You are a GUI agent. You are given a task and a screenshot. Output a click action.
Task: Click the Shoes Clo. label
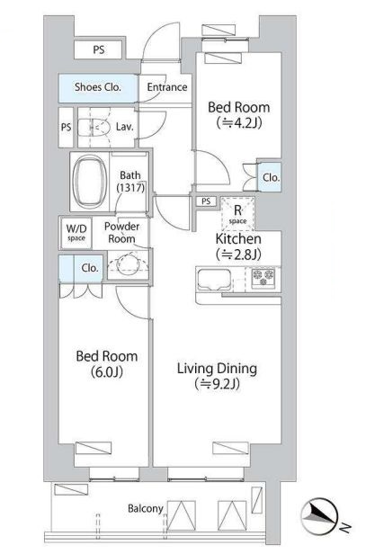(x=97, y=87)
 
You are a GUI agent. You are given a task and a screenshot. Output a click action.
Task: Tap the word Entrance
(x=167, y=87)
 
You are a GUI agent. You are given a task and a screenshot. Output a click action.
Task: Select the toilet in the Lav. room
(x=93, y=127)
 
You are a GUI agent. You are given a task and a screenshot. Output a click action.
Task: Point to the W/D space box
(x=76, y=232)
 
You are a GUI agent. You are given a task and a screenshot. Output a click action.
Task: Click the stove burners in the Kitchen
(x=263, y=277)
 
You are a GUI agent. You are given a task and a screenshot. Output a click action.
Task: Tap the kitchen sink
(x=214, y=279)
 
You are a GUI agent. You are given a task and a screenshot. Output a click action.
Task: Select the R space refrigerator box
(x=237, y=213)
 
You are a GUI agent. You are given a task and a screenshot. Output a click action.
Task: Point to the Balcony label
(x=145, y=508)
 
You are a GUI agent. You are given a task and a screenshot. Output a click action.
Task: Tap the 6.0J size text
(x=107, y=371)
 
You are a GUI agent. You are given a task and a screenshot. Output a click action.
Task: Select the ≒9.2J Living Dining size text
(x=217, y=383)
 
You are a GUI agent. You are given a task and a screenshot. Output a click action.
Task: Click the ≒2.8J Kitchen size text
(x=238, y=254)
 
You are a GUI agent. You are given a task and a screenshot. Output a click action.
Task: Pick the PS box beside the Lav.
(x=66, y=127)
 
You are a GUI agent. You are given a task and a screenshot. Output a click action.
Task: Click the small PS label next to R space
(x=206, y=201)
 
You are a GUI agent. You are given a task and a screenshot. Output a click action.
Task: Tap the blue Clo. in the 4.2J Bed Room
(x=271, y=177)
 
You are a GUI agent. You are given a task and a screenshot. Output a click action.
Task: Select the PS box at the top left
(x=99, y=49)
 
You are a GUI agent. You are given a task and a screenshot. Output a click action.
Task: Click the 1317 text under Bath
(x=130, y=187)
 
